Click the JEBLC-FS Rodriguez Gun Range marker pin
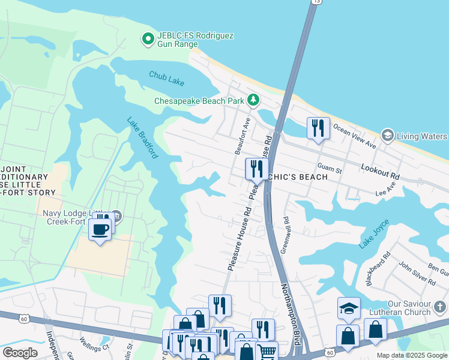tap(148, 40)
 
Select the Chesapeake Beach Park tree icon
tap(254, 100)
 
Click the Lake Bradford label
tap(142, 138)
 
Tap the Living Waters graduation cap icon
tap(387, 136)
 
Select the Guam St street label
tap(330, 170)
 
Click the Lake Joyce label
tap(374, 233)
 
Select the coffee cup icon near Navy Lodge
tap(100, 229)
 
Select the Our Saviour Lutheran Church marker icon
tap(440, 308)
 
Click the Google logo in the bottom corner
tap(20, 353)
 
